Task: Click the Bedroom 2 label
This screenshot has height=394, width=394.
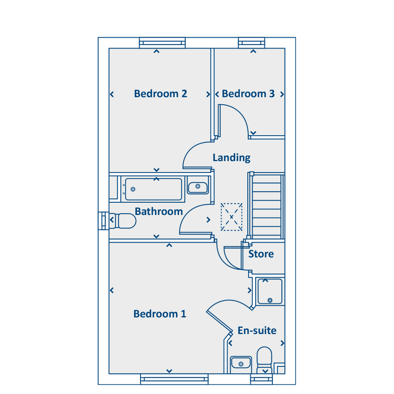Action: tap(161, 94)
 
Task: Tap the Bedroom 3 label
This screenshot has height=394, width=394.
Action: tap(248, 94)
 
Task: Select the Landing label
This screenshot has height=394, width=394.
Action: tap(232, 158)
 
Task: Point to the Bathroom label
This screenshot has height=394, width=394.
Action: tap(159, 211)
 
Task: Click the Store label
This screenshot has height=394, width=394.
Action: tap(261, 254)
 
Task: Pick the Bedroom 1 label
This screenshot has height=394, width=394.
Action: tap(160, 314)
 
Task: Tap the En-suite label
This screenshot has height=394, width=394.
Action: tap(257, 331)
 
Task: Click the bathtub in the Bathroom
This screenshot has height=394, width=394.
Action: tap(153, 189)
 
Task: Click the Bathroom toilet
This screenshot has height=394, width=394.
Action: tap(123, 221)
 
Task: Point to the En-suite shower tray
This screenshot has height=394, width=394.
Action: tap(270, 292)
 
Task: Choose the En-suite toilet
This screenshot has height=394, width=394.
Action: tap(264, 360)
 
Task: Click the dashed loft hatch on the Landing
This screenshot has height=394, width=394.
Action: tap(232, 217)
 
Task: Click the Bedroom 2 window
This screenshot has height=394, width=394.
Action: tap(162, 43)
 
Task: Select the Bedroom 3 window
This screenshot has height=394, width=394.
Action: tap(252, 43)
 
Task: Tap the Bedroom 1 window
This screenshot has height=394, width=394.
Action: tap(174, 379)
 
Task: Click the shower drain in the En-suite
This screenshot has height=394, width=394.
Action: tap(270, 300)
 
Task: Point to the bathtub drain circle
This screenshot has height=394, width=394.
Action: tap(133, 189)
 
